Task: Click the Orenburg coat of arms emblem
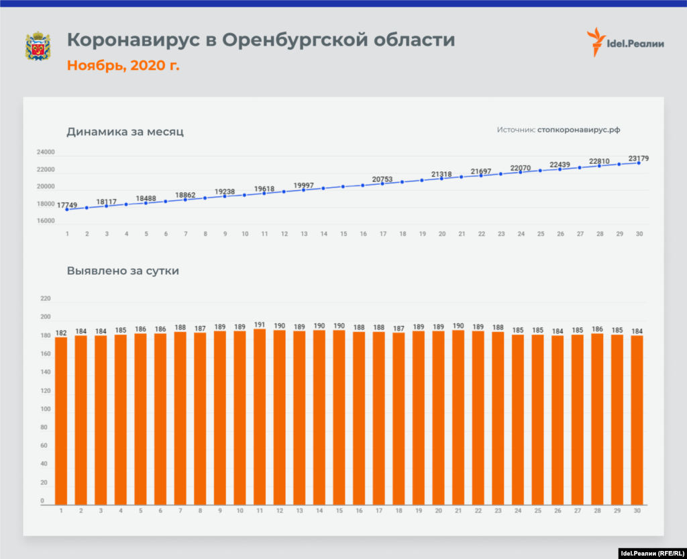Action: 38,46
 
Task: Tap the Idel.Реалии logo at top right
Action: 625,42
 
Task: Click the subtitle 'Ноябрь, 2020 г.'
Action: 123,66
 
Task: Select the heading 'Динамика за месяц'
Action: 125,132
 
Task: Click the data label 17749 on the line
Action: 66,204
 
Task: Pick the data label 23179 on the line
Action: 638,159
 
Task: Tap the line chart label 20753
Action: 382,179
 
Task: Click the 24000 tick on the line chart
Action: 46,153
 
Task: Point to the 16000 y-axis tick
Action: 46,221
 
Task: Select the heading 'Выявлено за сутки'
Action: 123,271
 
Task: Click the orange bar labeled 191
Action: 260,417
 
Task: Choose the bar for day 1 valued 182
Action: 61,420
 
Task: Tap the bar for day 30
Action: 637,420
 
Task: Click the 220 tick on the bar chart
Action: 46,298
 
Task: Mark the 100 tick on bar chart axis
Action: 46,409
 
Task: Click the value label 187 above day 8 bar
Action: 200,328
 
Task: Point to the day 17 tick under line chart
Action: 382,234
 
